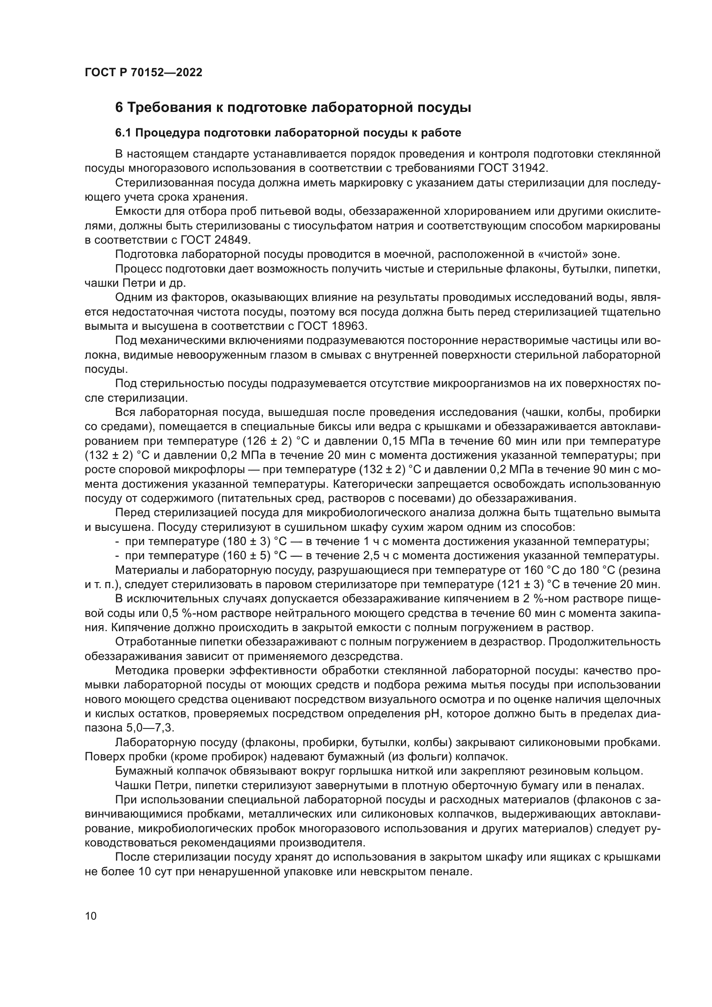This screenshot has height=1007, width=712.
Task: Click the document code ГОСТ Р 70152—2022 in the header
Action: (143, 73)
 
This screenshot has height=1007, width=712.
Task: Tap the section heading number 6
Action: (119, 108)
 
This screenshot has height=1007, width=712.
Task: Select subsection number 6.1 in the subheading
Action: (124, 133)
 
